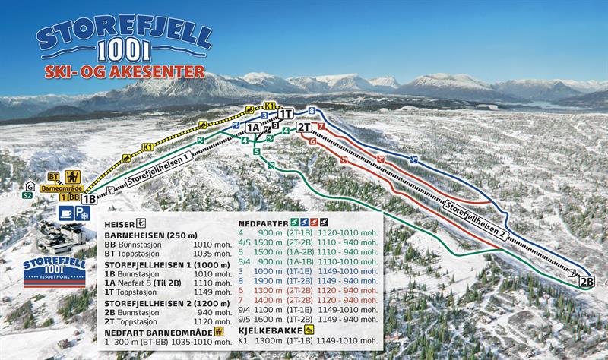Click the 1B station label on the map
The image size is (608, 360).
click(x=89, y=199)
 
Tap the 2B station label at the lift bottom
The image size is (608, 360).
click(x=586, y=281)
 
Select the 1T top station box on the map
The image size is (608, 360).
click(x=286, y=114)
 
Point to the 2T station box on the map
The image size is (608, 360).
click(x=305, y=127)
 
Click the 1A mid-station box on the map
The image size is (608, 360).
click(x=253, y=128)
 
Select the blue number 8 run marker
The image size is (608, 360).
click(x=312, y=112)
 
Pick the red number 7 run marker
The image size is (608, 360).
click(x=321, y=126)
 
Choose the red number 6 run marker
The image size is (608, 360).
click(x=312, y=141)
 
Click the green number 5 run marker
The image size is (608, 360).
click(x=258, y=152)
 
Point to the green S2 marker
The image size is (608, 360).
click(x=27, y=195)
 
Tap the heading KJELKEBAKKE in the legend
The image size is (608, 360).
click(x=271, y=331)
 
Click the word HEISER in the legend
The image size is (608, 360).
click(x=119, y=223)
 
